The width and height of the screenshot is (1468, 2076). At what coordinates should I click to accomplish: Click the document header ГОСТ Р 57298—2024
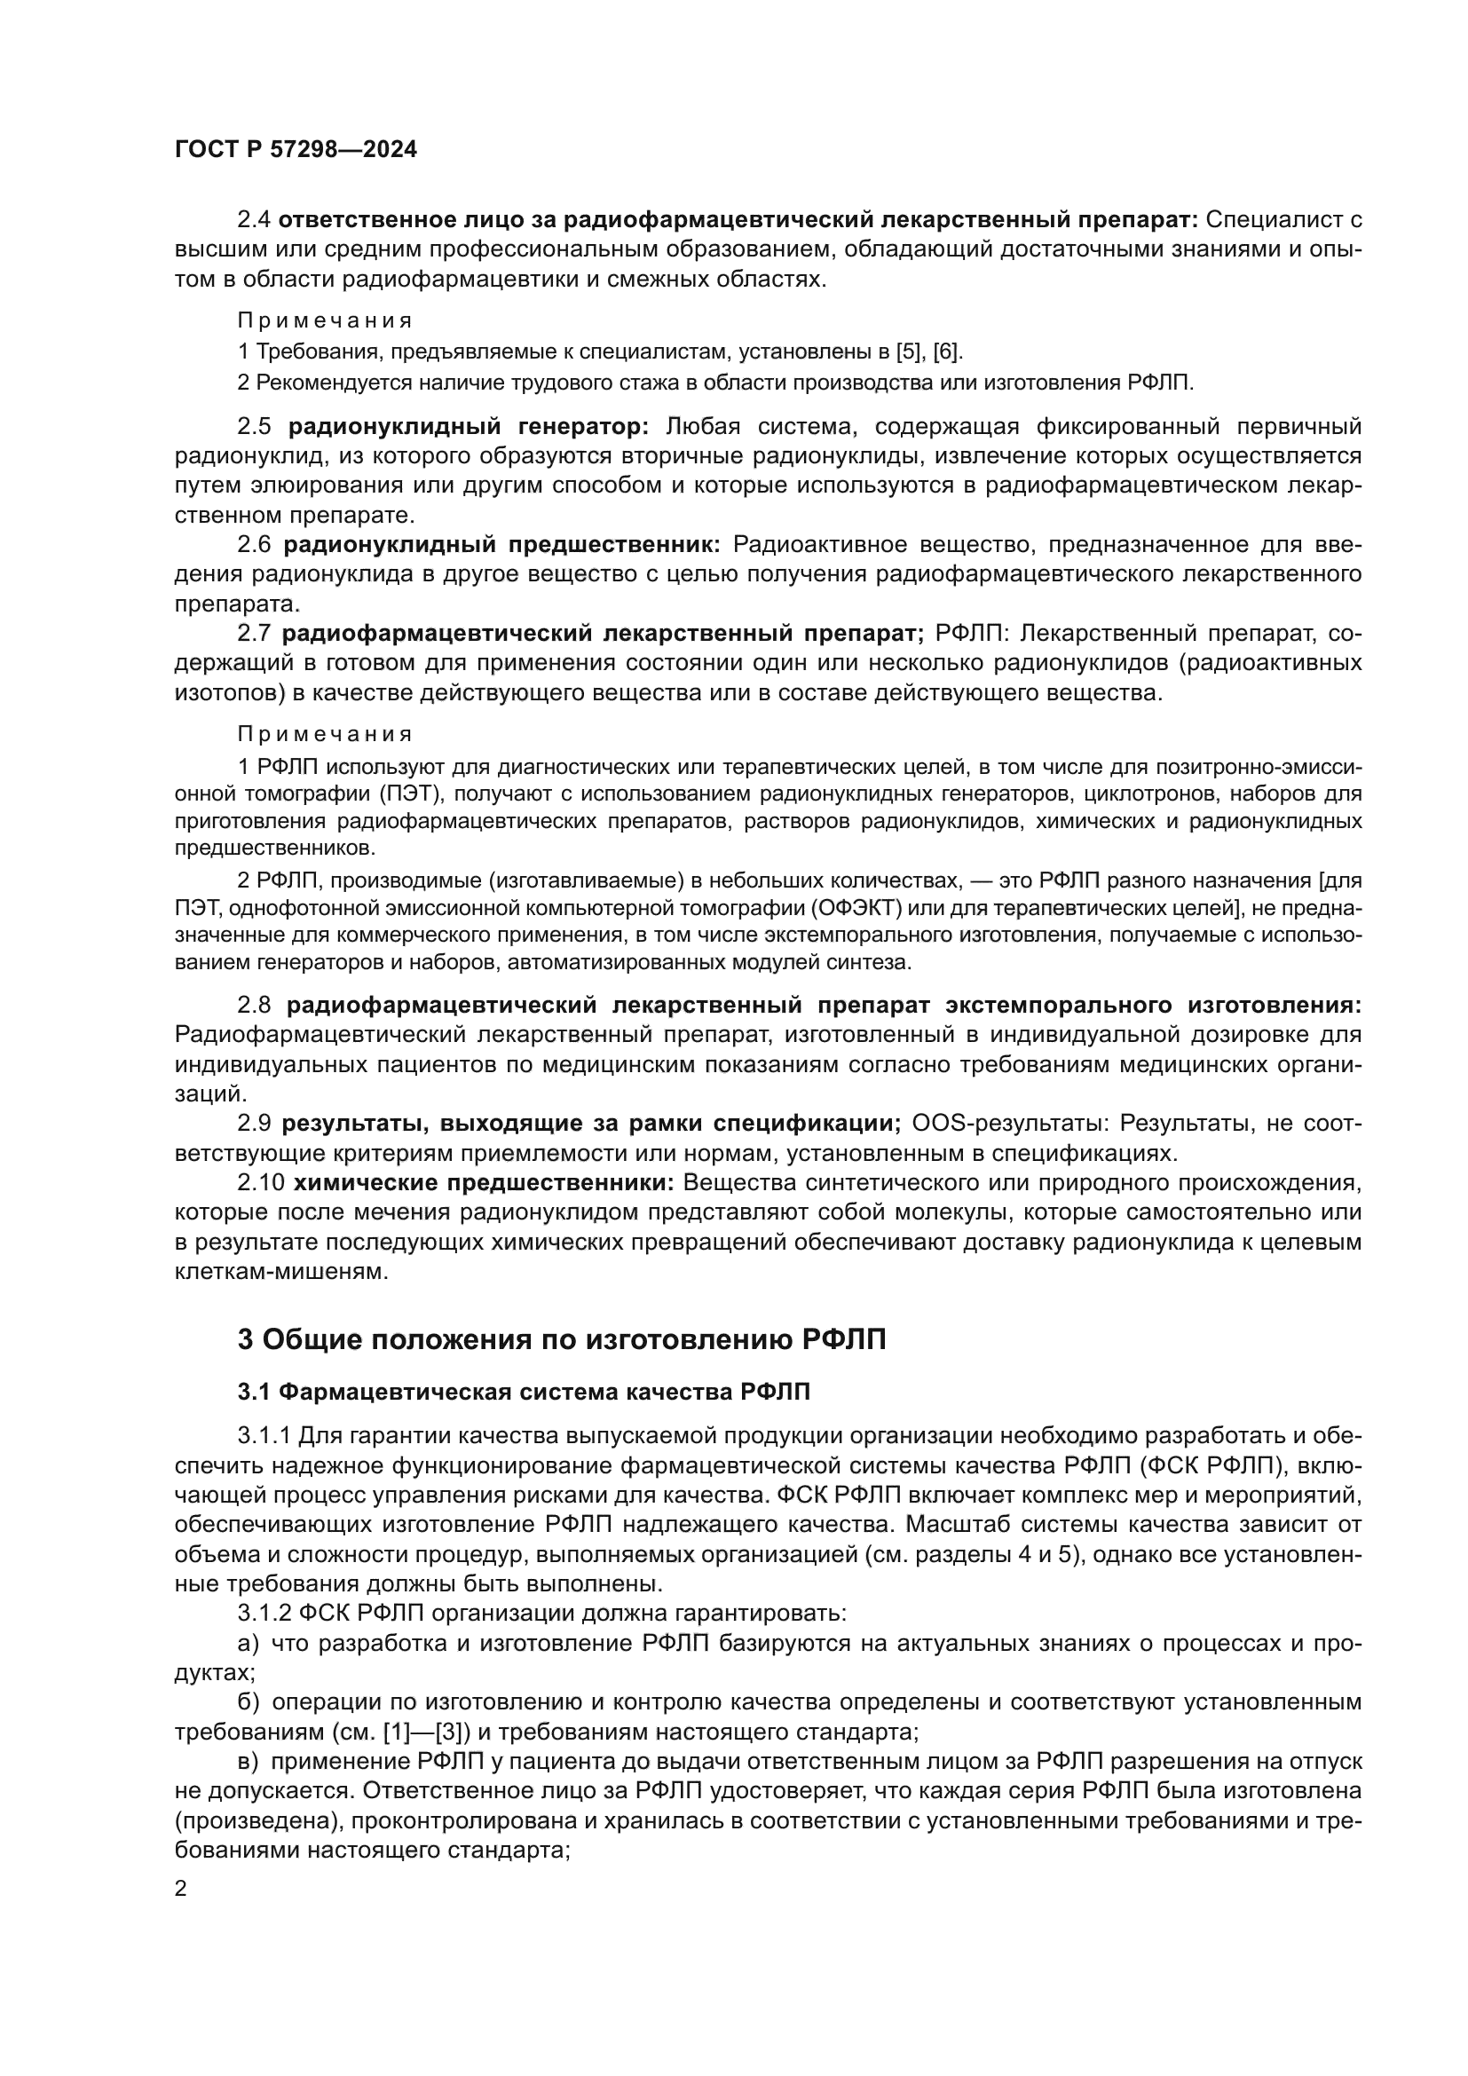(296, 150)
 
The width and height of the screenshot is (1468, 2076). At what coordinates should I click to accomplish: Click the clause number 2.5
(254, 426)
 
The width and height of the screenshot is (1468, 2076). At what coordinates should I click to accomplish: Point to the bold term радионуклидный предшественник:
(501, 544)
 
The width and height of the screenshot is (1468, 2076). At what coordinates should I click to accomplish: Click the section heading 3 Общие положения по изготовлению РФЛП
(561, 1339)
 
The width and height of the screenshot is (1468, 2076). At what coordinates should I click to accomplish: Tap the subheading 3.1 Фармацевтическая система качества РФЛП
(524, 1393)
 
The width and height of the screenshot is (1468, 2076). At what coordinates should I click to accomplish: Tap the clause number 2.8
(254, 1006)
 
